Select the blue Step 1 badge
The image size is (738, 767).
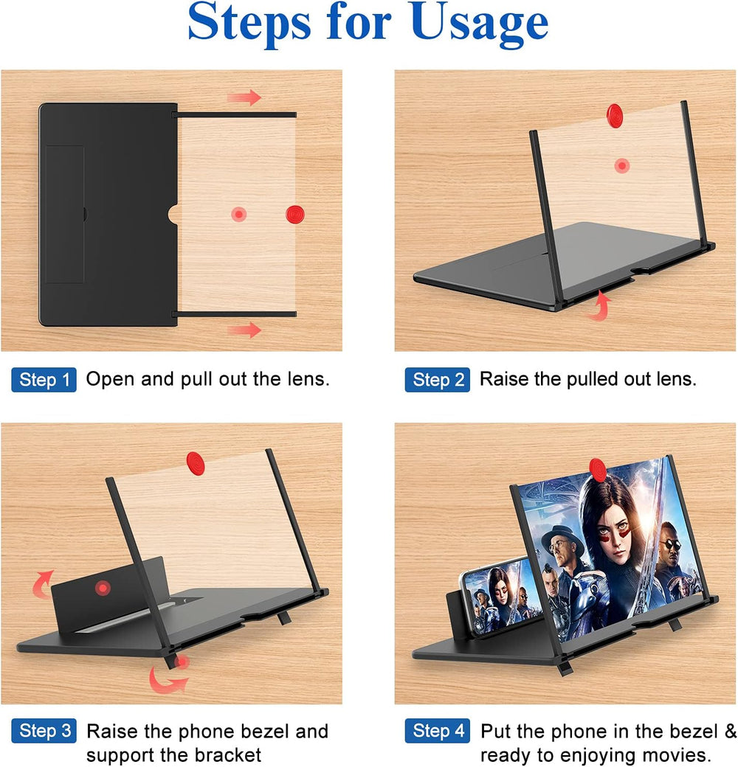pos(44,380)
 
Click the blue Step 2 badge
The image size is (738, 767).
pos(437,380)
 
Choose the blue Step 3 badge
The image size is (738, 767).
pos(44,731)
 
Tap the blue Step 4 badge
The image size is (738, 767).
pos(437,731)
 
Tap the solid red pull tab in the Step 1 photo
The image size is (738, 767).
pos(295,214)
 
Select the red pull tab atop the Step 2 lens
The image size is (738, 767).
pos(614,114)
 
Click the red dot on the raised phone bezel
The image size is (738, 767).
pos(102,589)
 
